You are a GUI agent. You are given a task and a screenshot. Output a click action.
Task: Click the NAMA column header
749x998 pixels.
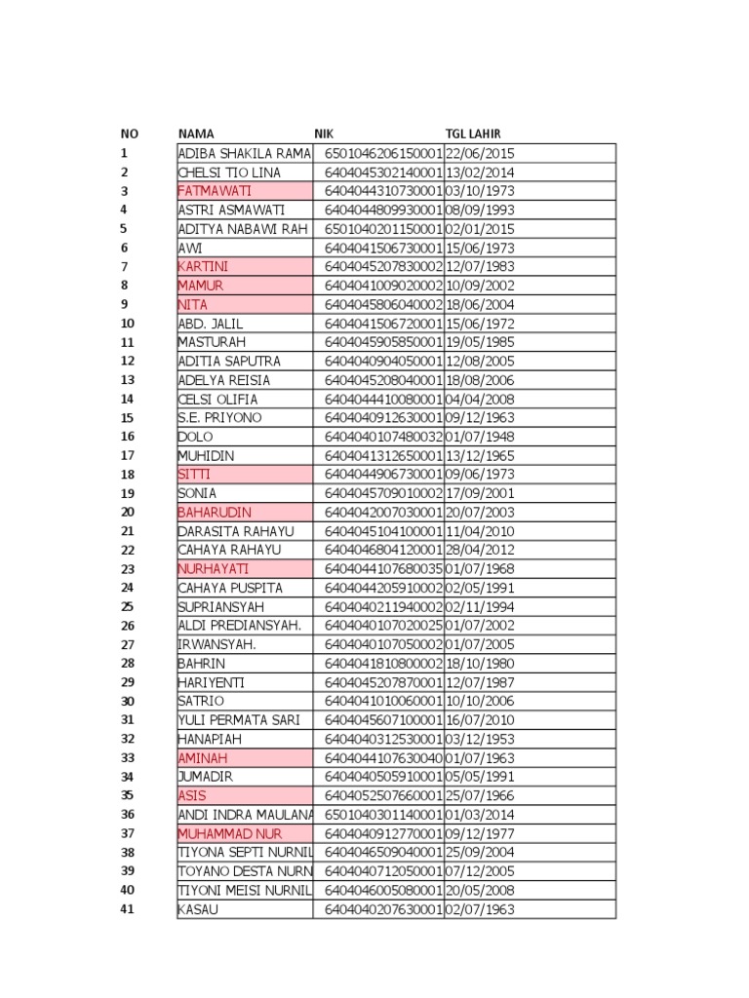(x=196, y=134)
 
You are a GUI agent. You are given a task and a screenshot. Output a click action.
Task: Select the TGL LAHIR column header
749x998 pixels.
(x=473, y=134)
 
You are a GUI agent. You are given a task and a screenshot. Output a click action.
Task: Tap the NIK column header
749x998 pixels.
(x=323, y=134)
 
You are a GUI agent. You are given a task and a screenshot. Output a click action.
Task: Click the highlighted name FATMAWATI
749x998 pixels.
(x=210, y=191)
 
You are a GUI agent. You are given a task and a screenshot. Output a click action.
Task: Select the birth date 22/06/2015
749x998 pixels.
(x=480, y=153)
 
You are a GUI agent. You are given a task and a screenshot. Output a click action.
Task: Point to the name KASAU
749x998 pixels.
(x=198, y=909)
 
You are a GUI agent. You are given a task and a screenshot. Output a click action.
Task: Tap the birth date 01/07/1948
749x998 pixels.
(x=480, y=437)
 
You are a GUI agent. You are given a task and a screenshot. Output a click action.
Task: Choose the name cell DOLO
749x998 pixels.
(x=194, y=437)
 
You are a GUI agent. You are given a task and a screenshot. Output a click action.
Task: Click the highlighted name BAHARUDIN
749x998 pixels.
(x=215, y=513)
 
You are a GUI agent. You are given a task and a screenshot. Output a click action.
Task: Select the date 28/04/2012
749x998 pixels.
(x=480, y=550)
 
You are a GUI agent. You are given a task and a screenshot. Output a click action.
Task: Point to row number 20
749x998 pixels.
(x=127, y=513)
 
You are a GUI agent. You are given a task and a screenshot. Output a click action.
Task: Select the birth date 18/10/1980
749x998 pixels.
(x=480, y=664)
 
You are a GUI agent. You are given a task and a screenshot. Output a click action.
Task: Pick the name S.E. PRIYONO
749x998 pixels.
(x=219, y=418)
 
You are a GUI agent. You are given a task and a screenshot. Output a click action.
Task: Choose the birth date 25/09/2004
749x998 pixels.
(x=480, y=853)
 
